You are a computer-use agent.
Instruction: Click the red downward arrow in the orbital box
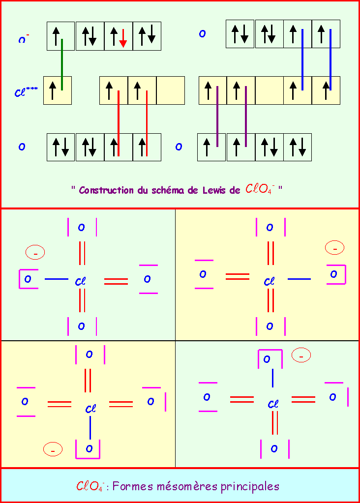[x=123, y=38]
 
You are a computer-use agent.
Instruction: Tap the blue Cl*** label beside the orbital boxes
[x=26, y=91]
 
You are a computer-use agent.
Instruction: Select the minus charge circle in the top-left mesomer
[x=35, y=253]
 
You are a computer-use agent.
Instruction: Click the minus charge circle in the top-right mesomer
[x=335, y=248]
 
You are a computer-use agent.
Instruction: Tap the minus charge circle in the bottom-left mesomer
[x=53, y=449]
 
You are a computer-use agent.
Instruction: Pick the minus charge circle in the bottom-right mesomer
[x=301, y=355]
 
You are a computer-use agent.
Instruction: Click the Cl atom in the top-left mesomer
[x=81, y=282]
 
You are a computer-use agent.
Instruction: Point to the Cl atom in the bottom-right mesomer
[x=273, y=404]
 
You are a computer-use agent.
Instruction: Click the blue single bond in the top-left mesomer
[x=56, y=279]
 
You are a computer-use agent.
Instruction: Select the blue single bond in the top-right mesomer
[x=299, y=279]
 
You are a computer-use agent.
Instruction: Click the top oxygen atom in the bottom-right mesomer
[x=267, y=359]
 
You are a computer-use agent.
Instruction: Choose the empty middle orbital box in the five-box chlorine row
[x=269, y=90]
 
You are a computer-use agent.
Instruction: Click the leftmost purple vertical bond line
[x=217, y=116]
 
